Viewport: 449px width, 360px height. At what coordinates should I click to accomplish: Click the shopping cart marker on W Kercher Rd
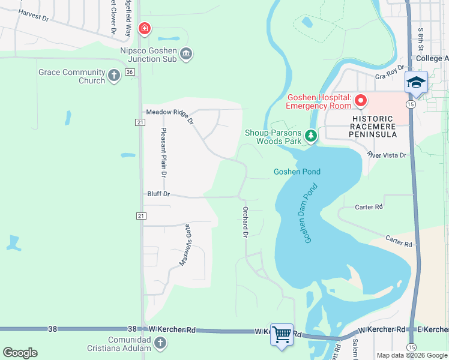click(282, 334)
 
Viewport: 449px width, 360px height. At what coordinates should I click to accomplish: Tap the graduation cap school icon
click(415, 82)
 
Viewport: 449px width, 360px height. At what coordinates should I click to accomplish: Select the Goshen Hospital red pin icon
click(360, 101)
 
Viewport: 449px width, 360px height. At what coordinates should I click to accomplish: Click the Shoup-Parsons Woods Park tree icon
click(310, 136)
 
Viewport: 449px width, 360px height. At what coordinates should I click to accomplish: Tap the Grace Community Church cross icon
click(115, 76)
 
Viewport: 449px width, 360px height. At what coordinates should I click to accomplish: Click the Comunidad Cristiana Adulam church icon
click(160, 343)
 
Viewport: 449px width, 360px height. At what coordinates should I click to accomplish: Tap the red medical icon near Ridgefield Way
click(144, 28)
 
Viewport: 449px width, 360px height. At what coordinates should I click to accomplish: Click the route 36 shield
click(130, 72)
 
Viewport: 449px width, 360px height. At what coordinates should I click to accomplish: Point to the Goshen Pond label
click(297, 172)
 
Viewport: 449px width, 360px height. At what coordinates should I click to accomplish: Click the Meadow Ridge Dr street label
click(170, 113)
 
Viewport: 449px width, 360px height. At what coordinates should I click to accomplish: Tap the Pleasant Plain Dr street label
click(163, 152)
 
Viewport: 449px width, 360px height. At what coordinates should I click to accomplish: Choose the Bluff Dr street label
click(159, 194)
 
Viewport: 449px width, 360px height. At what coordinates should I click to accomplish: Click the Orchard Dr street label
click(245, 222)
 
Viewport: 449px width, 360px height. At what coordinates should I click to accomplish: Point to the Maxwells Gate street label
click(185, 244)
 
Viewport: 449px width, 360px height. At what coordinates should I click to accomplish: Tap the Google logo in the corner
click(20, 352)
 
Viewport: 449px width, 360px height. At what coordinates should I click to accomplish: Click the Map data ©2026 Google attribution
click(411, 355)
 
